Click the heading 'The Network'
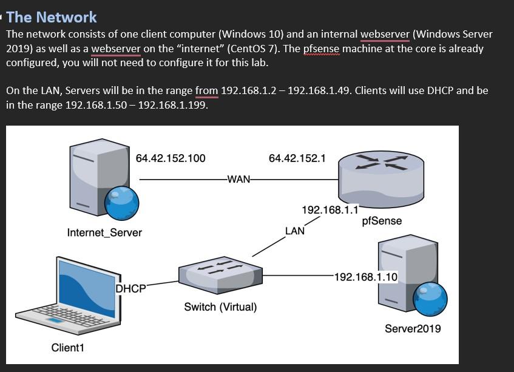coord(51,17)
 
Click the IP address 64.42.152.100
coord(171,158)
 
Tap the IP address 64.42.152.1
coord(297,158)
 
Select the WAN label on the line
coord(238,180)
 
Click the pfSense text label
coord(382,221)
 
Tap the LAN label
coord(295,231)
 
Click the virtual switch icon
coord(220,274)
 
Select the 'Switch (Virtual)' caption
coord(220,307)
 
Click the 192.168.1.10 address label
coord(366,277)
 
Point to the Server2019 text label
coord(413,329)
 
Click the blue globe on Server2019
coord(430,299)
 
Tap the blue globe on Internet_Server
coord(122,203)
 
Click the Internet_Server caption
coord(104,232)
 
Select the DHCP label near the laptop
coord(130,289)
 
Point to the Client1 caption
coord(67,348)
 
